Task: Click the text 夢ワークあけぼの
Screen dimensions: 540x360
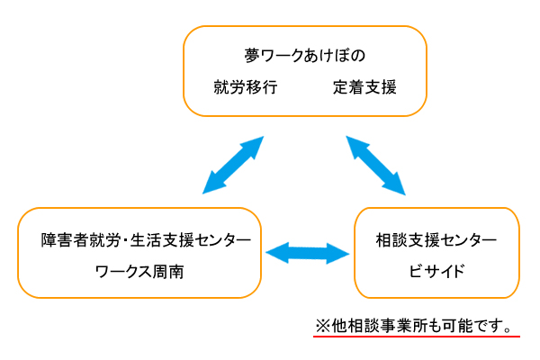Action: point(305,56)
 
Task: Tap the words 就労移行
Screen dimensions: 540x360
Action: point(246,87)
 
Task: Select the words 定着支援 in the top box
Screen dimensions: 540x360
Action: point(364,87)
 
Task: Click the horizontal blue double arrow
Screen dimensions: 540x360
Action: point(308,253)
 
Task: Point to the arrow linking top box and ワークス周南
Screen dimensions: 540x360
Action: point(233,165)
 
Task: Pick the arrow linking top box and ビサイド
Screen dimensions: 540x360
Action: point(375,166)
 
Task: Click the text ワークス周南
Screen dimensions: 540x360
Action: point(139,272)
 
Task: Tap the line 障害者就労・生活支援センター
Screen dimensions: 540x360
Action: point(146,240)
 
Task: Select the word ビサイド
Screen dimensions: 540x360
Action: point(436,272)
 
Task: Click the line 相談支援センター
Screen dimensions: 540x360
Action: point(436,240)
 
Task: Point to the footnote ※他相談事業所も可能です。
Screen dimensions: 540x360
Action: point(414,326)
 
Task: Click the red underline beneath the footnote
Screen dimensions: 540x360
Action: point(417,336)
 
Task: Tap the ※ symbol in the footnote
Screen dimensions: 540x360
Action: point(323,326)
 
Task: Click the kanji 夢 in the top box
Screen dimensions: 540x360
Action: point(252,56)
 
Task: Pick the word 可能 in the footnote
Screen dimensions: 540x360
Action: point(458,326)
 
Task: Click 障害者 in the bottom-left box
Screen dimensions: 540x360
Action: point(65,240)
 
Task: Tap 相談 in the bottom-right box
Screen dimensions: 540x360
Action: point(391,240)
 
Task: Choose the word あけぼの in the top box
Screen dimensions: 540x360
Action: point(335,56)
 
